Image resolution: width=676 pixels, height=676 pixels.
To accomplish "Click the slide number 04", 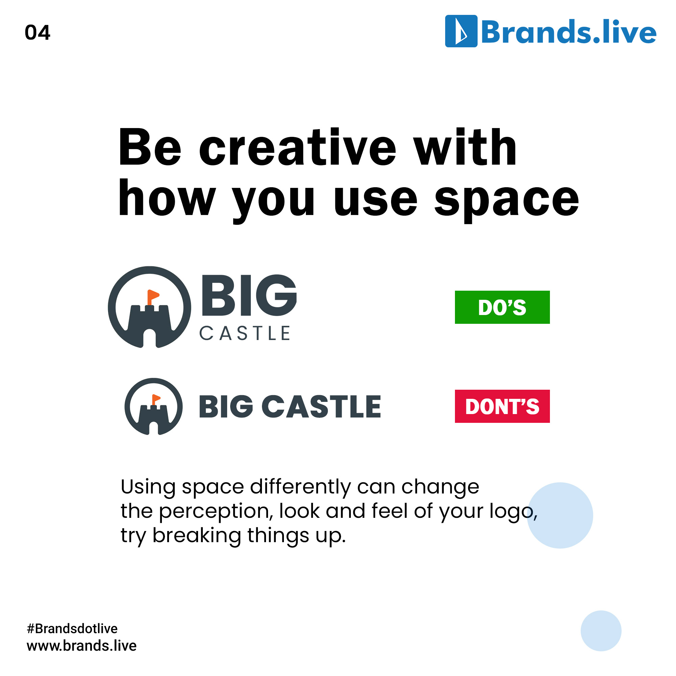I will click(x=38, y=32).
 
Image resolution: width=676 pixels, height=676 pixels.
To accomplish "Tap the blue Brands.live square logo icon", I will click(x=461, y=31).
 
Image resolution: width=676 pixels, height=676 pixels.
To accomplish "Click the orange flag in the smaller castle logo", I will click(x=156, y=398).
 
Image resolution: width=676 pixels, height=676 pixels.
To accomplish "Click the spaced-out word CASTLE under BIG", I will click(x=245, y=333).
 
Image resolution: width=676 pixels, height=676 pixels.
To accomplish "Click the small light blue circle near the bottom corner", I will click(x=601, y=631).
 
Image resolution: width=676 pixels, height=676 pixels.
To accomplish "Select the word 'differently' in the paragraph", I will click(x=300, y=487).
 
